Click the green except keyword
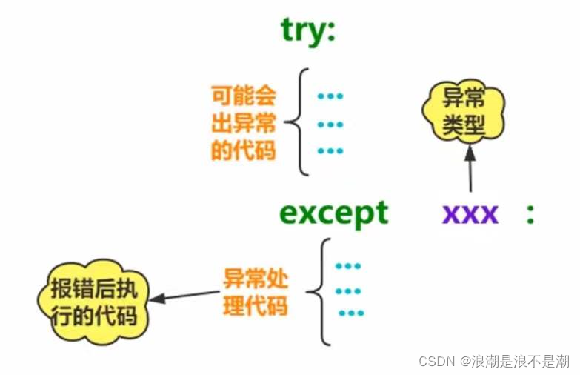(x=333, y=214)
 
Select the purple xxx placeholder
(x=470, y=214)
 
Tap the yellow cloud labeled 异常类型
(x=464, y=112)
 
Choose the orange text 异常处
(x=256, y=279)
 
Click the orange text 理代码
(x=256, y=306)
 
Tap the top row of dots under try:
(x=330, y=96)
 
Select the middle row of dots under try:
(x=330, y=124)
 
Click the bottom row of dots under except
(x=351, y=313)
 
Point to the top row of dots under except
(x=347, y=265)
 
